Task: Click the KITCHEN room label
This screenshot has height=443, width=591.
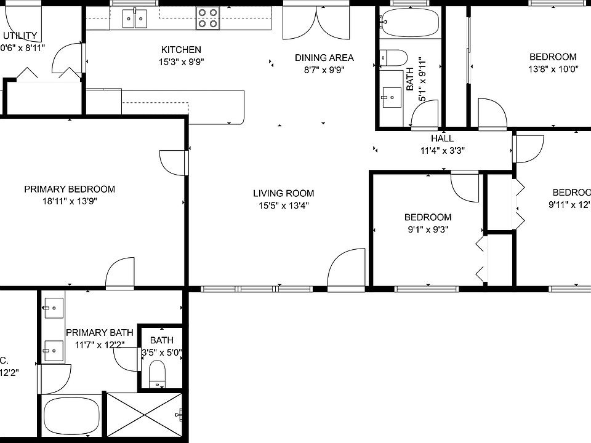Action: [181, 50]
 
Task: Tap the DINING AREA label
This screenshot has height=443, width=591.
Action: [324, 58]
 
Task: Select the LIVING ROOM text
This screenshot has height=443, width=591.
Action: [283, 193]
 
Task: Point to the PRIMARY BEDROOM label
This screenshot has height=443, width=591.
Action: [70, 189]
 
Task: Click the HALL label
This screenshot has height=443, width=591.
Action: [442, 138]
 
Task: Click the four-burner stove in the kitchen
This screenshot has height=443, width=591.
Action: [208, 18]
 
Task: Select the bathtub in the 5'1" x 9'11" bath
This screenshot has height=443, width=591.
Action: [409, 23]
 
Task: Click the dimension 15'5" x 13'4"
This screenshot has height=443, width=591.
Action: [283, 206]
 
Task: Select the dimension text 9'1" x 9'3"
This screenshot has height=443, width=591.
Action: [427, 229]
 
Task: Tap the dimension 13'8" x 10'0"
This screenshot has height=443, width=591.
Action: [553, 69]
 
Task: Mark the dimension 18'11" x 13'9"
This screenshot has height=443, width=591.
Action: [70, 201]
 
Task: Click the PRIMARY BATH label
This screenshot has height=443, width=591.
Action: [100, 333]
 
